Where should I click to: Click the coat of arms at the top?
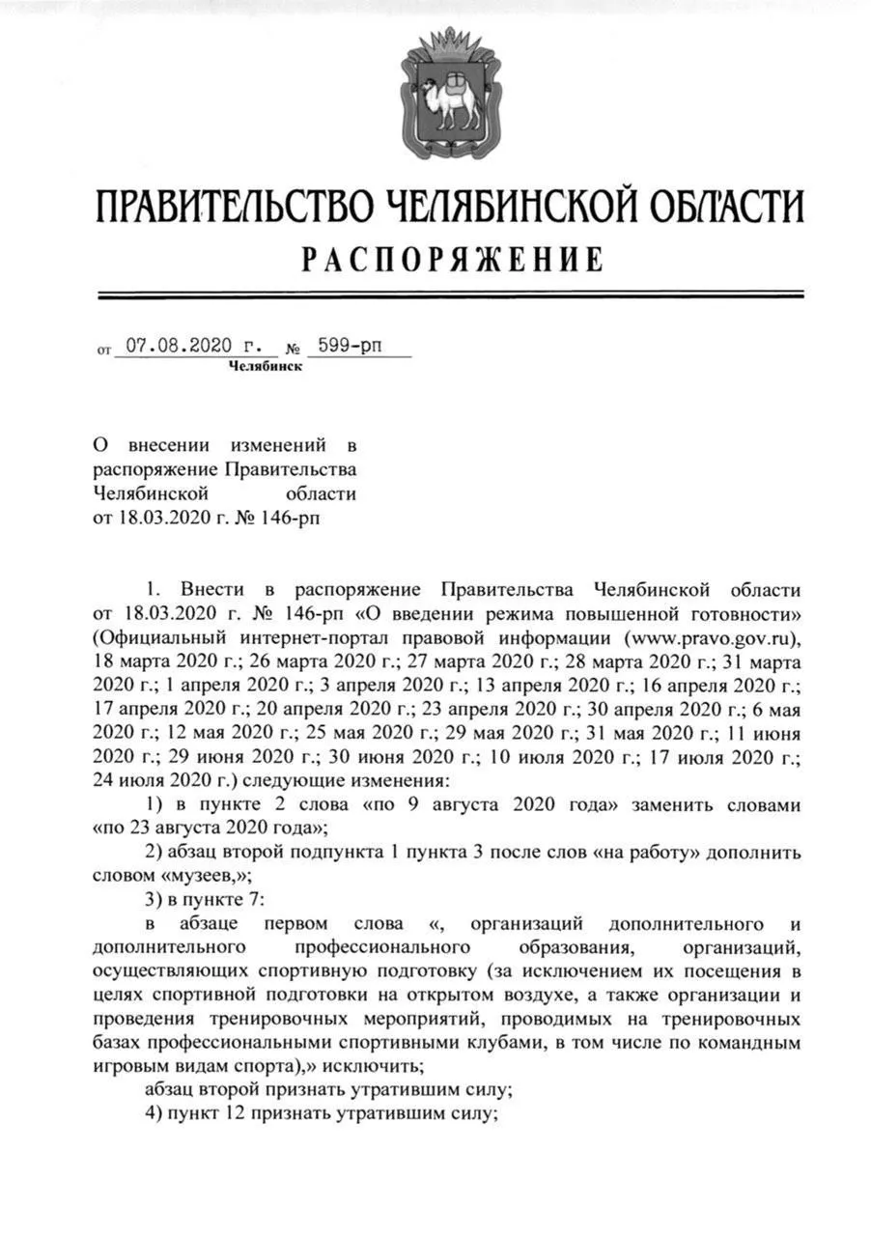(x=449, y=94)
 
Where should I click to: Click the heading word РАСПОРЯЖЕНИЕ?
(x=452, y=260)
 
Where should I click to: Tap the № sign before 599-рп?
(x=293, y=348)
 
